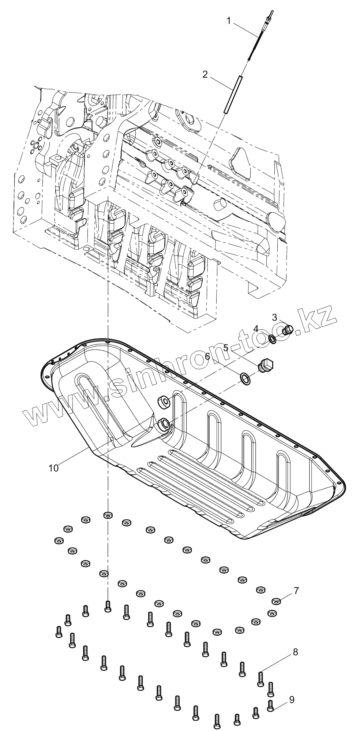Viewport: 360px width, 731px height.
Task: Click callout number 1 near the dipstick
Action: [x=229, y=21]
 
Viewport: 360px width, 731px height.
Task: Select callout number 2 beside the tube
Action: [x=205, y=75]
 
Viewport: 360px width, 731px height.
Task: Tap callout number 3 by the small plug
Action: [x=274, y=317]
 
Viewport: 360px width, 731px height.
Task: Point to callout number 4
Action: [x=256, y=328]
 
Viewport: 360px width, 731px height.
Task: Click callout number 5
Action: [x=226, y=347]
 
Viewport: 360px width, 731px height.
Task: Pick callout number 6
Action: [x=207, y=356]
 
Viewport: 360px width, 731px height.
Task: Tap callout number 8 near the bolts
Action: [x=295, y=652]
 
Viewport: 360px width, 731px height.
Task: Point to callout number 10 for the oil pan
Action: [x=53, y=468]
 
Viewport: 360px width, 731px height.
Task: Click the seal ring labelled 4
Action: [x=273, y=339]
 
